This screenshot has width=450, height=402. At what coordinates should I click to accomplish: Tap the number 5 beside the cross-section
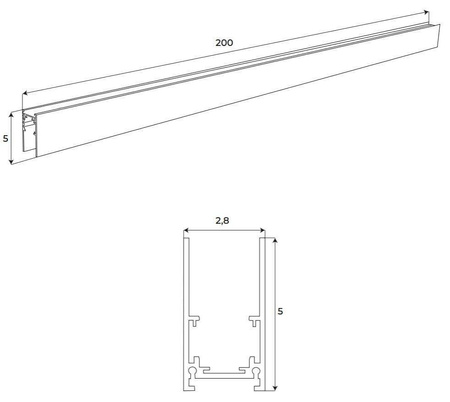point(281,311)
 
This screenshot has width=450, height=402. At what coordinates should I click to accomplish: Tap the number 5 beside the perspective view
point(6,139)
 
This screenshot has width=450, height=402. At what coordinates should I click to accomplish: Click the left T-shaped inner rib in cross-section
point(196,324)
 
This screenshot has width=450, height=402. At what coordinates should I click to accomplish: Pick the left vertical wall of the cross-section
point(184,290)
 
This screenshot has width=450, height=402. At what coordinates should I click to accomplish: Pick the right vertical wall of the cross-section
point(262,290)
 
